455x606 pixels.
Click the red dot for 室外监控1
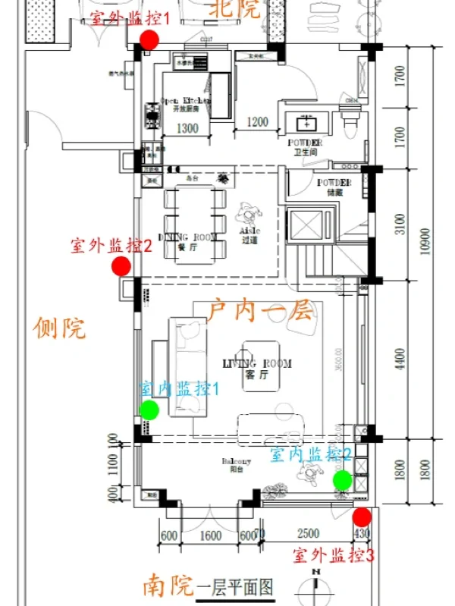click(x=149, y=39)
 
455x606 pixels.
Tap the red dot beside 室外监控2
click(x=121, y=266)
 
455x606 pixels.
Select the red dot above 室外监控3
click(x=362, y=517)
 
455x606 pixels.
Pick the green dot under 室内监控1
click(x=149, y=410)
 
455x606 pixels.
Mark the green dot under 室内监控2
click(x=342, y=479)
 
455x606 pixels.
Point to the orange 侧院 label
click(x=60, y=328)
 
